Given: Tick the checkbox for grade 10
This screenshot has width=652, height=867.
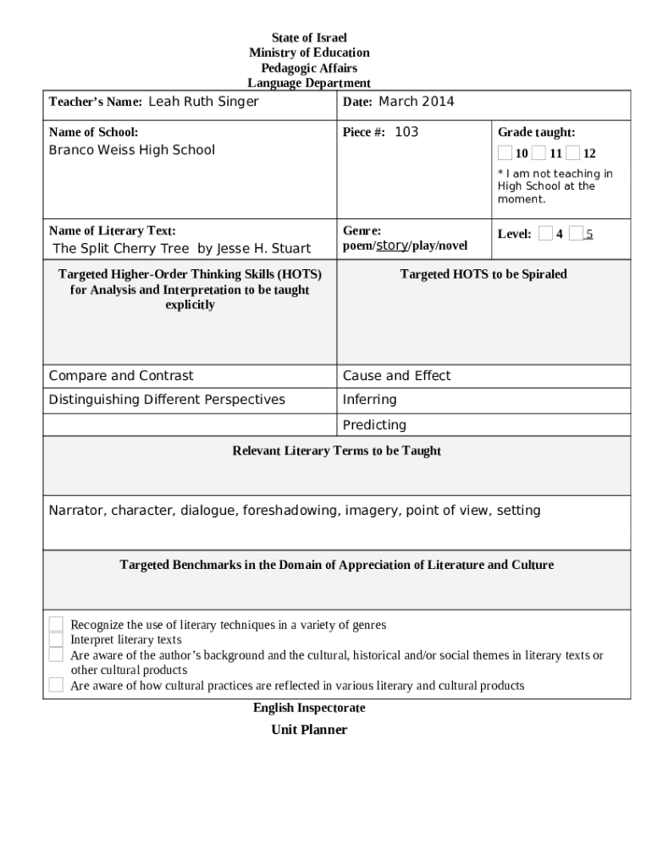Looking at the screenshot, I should coord(505,153).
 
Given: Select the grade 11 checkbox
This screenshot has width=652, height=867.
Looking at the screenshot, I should coord(539,153).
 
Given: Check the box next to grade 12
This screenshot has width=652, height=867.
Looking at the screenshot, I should coord(573,153).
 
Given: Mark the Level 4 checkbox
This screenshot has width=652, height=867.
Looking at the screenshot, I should coord(546,234).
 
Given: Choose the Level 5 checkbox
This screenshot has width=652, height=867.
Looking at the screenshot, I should coord(577,234).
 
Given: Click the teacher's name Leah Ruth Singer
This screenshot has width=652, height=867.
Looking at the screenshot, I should coord(203,102).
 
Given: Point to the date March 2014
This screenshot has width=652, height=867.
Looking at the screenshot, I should coord(416,102).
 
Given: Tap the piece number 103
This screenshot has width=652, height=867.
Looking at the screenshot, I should coord(406,132).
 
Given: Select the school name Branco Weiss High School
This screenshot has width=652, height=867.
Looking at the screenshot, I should coord(131,150).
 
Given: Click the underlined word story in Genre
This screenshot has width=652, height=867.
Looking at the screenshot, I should coord(391,246).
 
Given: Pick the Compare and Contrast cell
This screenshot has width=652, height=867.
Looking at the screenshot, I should coord(121,376).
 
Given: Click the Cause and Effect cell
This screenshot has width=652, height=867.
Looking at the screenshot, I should coord(396,376).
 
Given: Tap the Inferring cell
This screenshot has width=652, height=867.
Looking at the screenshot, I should coord(369,400).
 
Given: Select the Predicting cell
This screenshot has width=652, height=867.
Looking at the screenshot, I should coord(374,425).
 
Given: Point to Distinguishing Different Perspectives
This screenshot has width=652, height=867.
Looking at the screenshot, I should coord(167,400).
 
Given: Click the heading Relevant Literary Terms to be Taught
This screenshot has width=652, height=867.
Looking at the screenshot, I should coord(336,451).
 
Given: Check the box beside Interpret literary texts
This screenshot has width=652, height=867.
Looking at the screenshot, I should coord(56,640).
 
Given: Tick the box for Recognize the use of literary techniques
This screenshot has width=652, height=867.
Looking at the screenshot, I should coord(56,625).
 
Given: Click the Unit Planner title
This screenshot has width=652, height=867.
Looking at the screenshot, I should coord(309,730).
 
